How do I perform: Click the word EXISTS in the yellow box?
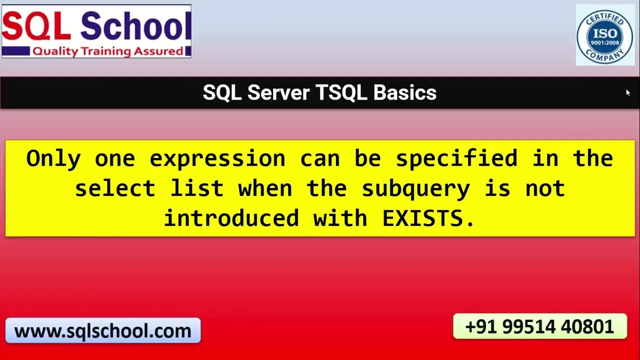point(428,218)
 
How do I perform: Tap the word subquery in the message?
point(415,188)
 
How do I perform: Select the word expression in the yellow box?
point(217,158)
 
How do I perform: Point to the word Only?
point(53,158)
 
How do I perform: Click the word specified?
point(456,158)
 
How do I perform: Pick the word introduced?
point(231,218)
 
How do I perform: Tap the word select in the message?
point(115,188)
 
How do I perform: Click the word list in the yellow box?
point(197,188)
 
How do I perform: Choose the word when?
point(265,188)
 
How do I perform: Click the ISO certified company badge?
point(604,35)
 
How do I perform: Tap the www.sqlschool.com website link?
point(102,331)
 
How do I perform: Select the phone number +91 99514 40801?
point(539,326)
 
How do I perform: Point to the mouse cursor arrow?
point(627,92)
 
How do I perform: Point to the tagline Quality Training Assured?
point(108,51)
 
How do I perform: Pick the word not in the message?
point(545,188)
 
